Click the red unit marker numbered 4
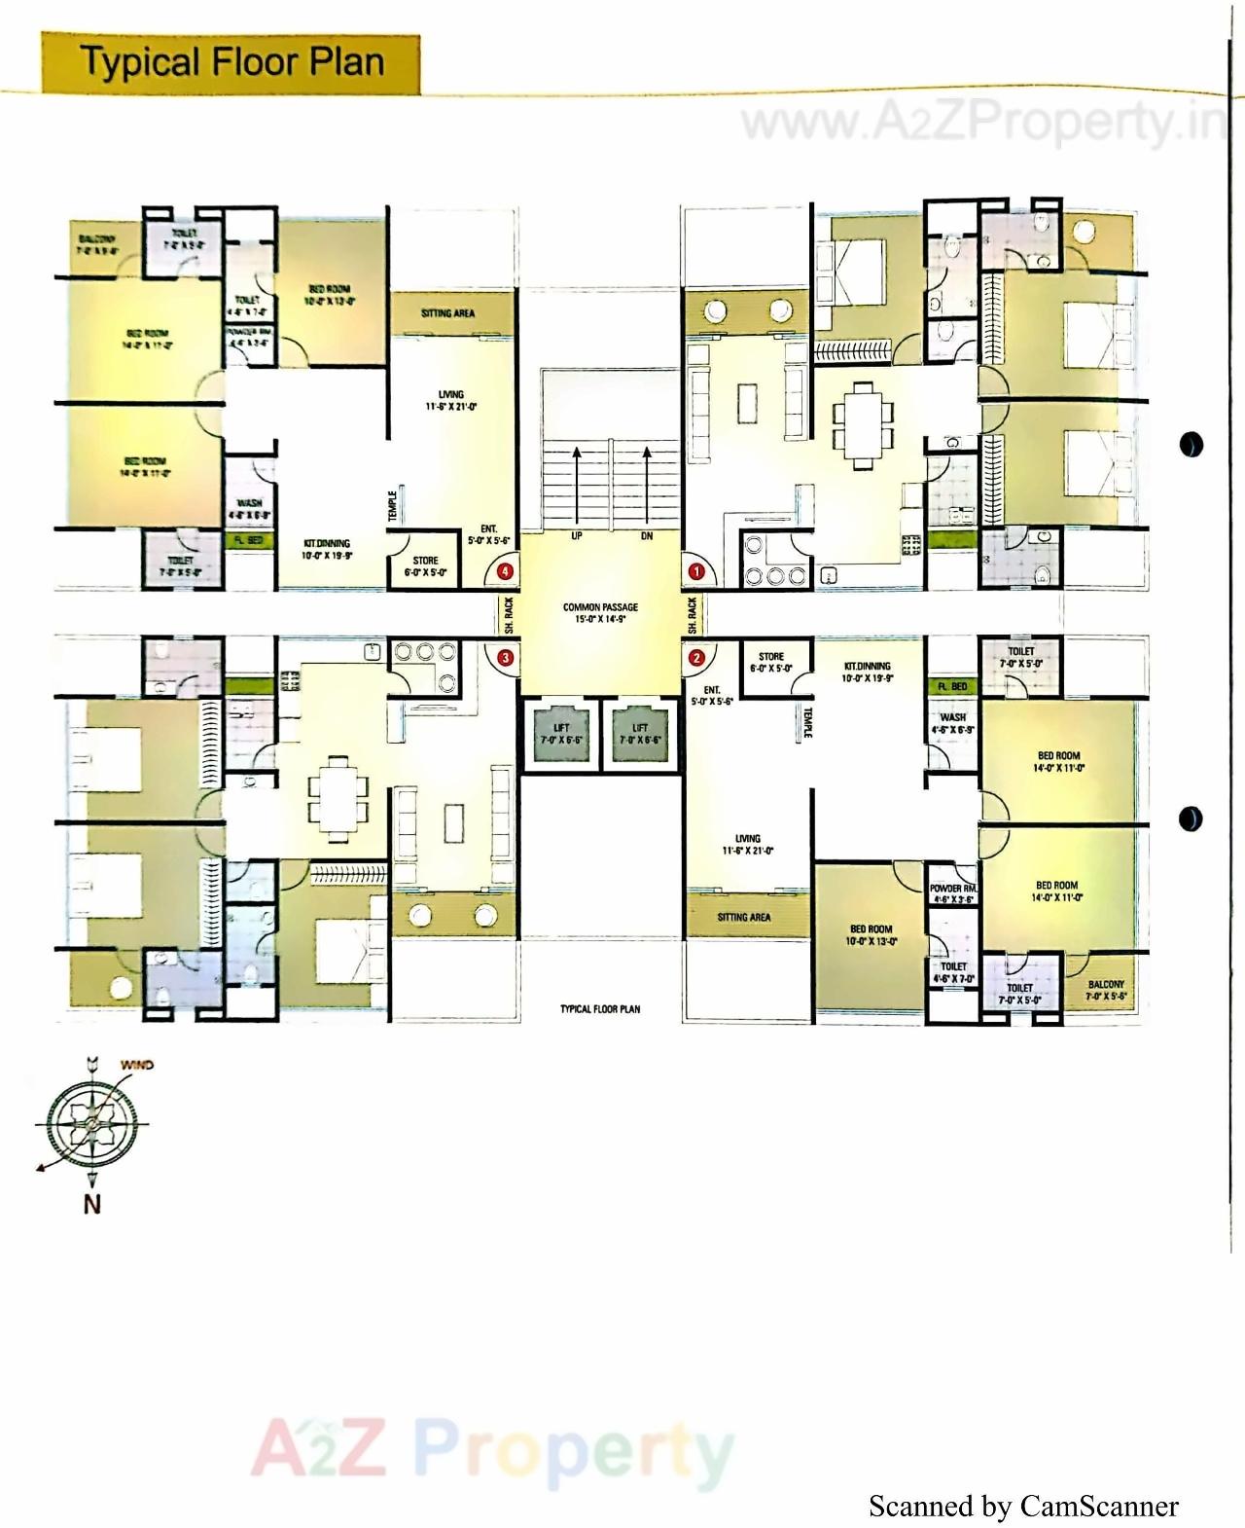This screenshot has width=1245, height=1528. pos(505,571)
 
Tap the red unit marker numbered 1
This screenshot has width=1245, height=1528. pos(696,571)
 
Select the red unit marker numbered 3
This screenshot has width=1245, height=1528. pos(505,658)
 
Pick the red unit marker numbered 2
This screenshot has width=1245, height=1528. pos(696,658)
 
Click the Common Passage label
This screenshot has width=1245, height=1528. pos(600,612)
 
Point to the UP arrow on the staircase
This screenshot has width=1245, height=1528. pos(577,487)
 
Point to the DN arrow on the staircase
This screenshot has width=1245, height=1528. pos(647,487)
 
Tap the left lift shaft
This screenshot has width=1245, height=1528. pos(561,734)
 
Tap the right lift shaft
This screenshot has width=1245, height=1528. pos(640,734)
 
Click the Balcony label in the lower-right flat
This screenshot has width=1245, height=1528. pos(1106,990)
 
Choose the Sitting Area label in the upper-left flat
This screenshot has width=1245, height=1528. pos(448,313)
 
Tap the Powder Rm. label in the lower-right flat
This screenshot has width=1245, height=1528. pos(953,893)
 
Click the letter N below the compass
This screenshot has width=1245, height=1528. pos(91,1204)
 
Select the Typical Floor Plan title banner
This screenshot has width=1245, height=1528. pos(231,63)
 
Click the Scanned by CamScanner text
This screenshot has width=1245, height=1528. pos(1023,1506)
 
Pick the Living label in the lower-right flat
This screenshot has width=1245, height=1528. pos(748,844)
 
